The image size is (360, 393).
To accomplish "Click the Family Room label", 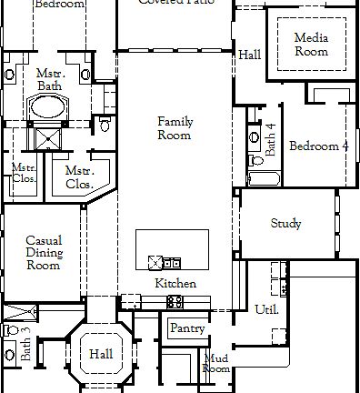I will click(x=175, y=128).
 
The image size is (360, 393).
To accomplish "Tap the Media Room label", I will click(x=311, y=45).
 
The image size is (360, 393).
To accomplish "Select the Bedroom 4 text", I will click(x=319, y=146).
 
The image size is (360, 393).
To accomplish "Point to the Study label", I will click(x=285, y=224).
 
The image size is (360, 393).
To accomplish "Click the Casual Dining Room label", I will click(x=43, y=253).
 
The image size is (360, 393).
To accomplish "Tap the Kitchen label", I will click(x=175, y=284).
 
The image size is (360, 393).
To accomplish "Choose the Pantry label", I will click(x=187, y=328).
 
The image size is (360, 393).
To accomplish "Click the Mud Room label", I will click(x=215, y=364).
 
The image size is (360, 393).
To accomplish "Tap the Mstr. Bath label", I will click(x=48, y=79).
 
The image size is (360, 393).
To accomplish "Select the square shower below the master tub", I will click(x=44, y=137).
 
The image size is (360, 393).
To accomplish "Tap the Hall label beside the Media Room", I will click(x=249, y=55).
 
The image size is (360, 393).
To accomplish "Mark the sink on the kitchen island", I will click(x=155, y=263).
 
